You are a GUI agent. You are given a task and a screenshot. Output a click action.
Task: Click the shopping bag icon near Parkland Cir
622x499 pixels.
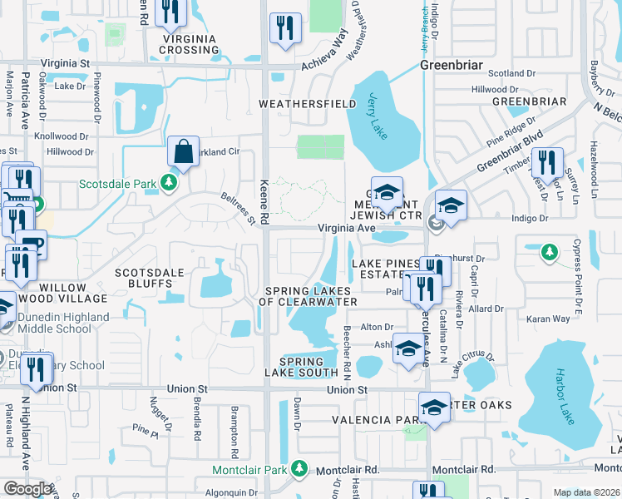coord(183,152)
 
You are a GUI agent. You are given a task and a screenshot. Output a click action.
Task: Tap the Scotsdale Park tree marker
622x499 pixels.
coord(169,181)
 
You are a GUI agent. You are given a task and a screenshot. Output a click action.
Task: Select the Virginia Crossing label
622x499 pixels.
coord(190,44)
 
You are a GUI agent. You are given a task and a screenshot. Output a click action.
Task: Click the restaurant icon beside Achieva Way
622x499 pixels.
coord(286,27)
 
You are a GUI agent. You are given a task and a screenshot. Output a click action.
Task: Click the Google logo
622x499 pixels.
coord(27,489)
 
